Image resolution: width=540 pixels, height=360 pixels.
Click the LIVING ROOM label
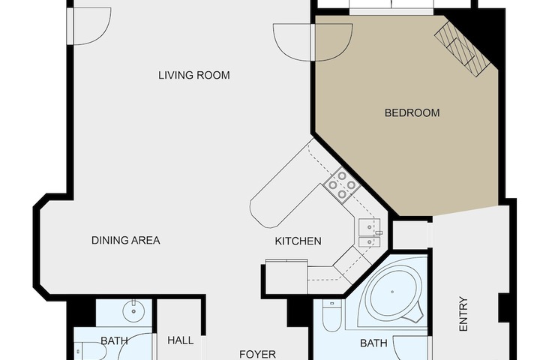pyautogui.click(x=194, y=75)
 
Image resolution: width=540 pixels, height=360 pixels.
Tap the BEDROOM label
pyautogui.click(x=412, y=113)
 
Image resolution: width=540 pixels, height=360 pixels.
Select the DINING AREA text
pyautogui.click(x=126, y=240)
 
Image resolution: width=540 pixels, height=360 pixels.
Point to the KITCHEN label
pyautogui.click(x=298, y=241)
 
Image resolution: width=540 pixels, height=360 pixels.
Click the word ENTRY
pyautogui.click(x=464, y=314)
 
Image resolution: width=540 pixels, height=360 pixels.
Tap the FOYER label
pyautogui.click(x=257, y=354)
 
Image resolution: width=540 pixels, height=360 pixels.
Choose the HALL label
pyautogui.click(x=181, y=340)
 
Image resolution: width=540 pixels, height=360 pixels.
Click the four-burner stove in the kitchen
pyautogui.click(x=342, y=185)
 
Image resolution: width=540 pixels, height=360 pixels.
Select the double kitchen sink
pyautogui.click(x=370, y=232)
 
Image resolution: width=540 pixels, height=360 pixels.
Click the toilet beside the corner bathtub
pyautogui.click(x=331, y=315)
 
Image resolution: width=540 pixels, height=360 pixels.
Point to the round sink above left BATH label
pyautogui.click(x=133, y=311)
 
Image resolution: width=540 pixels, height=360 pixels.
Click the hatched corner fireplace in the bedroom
pyautogui.click(x=462, y=49)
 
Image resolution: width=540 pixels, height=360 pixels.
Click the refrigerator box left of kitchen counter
pyautogui.click(x=286, y=277)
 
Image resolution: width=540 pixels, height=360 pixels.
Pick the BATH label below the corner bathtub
pyautogui.click(x=373, y=343)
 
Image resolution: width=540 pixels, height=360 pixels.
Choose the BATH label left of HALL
pyautogui.click(x=114, y=341)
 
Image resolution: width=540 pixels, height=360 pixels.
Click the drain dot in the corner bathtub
pyautogui.click(x=392, y=292)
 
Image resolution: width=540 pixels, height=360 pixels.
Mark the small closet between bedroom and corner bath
pyautogui.click(x=410, y=235)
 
